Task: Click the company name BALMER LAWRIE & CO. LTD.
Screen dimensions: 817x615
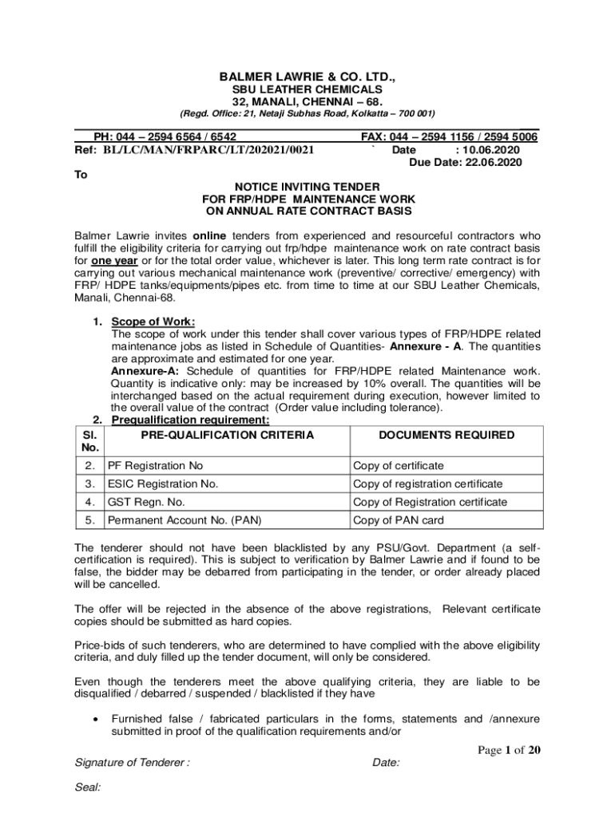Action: point(307,77)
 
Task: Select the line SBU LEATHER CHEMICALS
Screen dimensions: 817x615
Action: point(307,90)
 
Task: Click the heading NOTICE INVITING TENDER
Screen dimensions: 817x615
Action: point(307,186)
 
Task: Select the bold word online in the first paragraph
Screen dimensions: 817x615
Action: point(210,237)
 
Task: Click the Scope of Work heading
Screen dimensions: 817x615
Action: point(153,322)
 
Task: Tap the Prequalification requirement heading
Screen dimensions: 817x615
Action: point(190,420)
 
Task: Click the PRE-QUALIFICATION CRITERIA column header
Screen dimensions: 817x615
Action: point(228,435)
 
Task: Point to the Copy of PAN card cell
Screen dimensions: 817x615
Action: point(398,520)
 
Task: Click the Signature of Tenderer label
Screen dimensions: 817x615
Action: point(132,763)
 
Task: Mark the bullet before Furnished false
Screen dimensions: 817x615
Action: point(97,720)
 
